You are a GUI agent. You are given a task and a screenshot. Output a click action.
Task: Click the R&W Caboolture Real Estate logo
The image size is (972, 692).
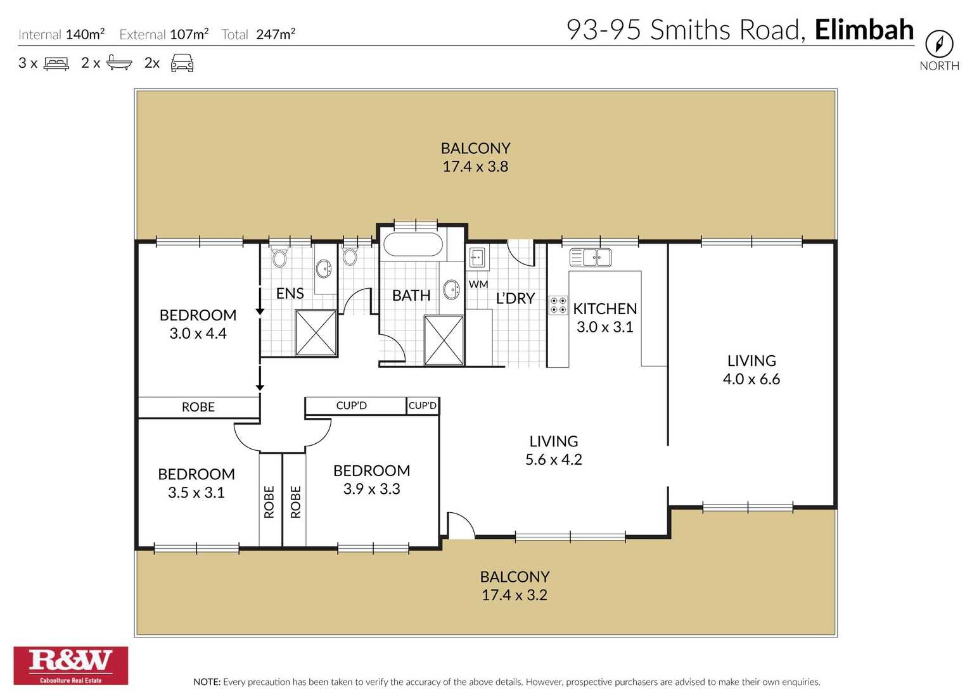(70, 665)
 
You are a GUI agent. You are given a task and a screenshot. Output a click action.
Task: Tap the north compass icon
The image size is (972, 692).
(938, 44)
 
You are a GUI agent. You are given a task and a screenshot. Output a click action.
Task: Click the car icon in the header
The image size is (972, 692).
(182, 63)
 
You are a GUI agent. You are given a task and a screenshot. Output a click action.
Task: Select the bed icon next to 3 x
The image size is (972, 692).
(56, 63)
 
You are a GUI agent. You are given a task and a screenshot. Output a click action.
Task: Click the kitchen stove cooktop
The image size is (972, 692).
(558, 305)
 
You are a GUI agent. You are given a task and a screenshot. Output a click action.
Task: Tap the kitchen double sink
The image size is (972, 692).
(596, 257)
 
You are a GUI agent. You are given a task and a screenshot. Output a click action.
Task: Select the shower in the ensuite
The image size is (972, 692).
(316, 332)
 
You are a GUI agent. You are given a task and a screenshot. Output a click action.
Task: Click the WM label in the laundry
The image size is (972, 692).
(478, 284)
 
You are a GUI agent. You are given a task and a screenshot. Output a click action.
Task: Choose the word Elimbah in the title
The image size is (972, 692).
(864, 30)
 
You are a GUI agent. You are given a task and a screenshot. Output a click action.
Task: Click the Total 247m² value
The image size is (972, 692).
(275, 34)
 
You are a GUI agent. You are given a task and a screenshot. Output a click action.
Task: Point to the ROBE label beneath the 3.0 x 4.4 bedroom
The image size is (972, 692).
(198, 407)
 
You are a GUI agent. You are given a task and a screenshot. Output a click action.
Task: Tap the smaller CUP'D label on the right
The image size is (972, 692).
(423, 405)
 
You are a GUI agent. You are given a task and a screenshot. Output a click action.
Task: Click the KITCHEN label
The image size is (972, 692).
(604, 308)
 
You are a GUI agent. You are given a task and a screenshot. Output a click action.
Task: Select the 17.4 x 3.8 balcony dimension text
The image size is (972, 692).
(475, 167)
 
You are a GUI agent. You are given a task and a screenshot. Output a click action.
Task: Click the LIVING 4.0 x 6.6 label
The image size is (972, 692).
(751, 370)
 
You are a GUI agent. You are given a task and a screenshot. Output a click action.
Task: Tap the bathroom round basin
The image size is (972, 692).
(451, 289)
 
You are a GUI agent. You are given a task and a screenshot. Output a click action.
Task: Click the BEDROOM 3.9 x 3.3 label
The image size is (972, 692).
(371, 479)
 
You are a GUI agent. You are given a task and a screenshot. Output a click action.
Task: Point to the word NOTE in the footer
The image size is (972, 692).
(207, 682)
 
